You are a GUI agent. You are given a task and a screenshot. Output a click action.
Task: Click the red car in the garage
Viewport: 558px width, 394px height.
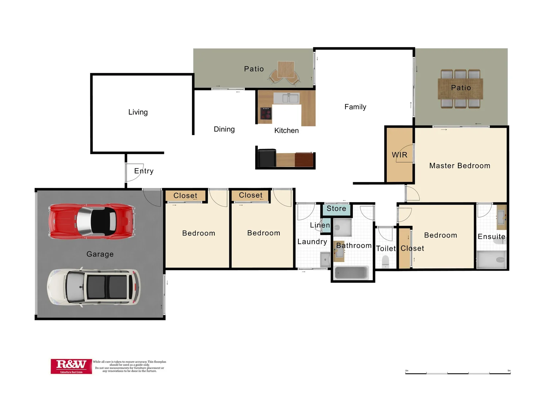[x=92, y=221]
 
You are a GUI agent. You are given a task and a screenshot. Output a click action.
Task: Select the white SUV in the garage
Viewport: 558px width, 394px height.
[x=93, y=287]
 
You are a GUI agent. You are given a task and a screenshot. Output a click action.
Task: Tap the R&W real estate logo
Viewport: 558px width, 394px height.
[x=71, y=366]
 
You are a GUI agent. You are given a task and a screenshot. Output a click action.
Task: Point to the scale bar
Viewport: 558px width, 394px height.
[x=458, y=373]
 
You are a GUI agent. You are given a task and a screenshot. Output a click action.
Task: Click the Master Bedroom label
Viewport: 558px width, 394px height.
[x=459, y=166]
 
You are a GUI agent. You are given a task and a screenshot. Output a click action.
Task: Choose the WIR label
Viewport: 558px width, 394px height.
[x=399, y=155]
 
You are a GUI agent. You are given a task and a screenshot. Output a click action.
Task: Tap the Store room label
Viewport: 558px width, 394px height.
[x=336, y=209]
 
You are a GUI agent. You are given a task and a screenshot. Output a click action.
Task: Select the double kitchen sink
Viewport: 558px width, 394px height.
[x=286, y=98]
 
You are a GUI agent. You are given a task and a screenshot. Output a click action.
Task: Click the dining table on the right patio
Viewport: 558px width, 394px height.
[x=460, y=89]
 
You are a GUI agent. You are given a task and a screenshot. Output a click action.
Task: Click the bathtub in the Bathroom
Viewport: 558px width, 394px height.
[x=351, y=273]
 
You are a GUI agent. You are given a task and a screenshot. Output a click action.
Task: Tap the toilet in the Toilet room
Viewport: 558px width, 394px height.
[x=385, y=261]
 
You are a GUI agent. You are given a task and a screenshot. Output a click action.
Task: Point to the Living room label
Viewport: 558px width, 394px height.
[x=138, y=112]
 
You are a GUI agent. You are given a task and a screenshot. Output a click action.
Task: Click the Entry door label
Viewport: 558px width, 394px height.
[x=144, y=171]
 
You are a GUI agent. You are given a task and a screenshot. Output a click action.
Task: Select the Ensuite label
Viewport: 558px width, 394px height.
[x=491, y=236]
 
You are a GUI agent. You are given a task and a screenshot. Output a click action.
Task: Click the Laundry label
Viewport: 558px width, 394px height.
[x=312, y=242]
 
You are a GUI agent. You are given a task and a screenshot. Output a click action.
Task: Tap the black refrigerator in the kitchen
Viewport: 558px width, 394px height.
[x=267, y=158]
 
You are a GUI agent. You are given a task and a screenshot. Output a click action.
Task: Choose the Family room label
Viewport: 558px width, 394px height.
[x=355, y=107]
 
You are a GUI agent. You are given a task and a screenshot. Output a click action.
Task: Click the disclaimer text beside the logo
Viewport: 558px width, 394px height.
[x=129, y=366]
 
